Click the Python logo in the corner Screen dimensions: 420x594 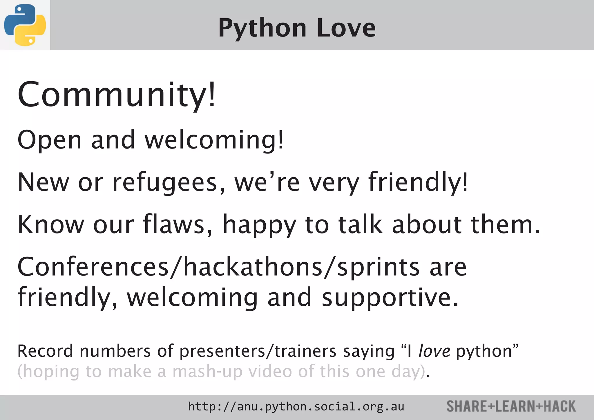click(25, 25)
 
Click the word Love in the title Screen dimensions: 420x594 click(346, 28)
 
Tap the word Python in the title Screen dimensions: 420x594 click(262, 28)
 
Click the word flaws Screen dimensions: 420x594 click(178, 225)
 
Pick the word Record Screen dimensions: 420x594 click(45, 351)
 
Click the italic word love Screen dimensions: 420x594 click(434, 351)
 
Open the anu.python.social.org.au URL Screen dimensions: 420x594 click(296, 407)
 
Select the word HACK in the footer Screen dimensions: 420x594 click(559, 406)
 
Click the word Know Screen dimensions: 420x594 click(50, 225)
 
